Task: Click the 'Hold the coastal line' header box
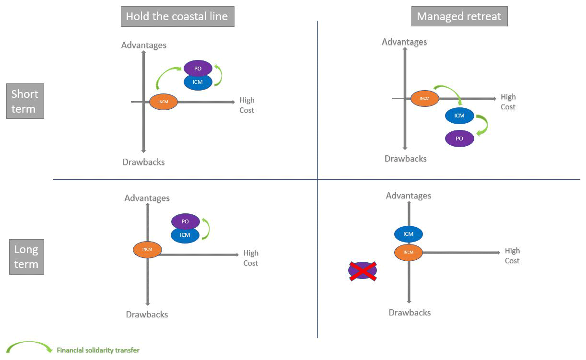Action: click(x=177, y=17)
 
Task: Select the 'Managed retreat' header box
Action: click(x=459, y=17)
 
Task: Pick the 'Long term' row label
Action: click(x=26, y=257)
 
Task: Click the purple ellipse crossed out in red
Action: click(x=363, y=271)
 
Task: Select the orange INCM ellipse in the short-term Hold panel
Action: click(x=164, y=102)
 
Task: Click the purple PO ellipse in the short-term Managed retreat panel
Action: click(x=459, y=139)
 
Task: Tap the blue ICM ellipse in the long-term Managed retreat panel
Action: click(x=408, y=234)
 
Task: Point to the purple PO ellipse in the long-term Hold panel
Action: click(x=185, y=221)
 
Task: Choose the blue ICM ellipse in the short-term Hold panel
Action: click(x=198, y=82)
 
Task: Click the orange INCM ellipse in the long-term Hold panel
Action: click(x=147, y=249)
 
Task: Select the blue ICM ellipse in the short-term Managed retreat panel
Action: click(x=459, y=116)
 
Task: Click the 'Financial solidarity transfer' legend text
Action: click(x=98, y=350)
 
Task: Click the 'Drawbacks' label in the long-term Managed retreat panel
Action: click(x=410, y=313)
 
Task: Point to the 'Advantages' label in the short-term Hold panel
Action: click(x=144, y=45)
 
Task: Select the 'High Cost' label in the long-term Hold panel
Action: click(x=250, y=258)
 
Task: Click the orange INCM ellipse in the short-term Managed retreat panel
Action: click(x=425, y=98)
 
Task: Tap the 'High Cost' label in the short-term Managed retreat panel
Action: click(x=508, y=102)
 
